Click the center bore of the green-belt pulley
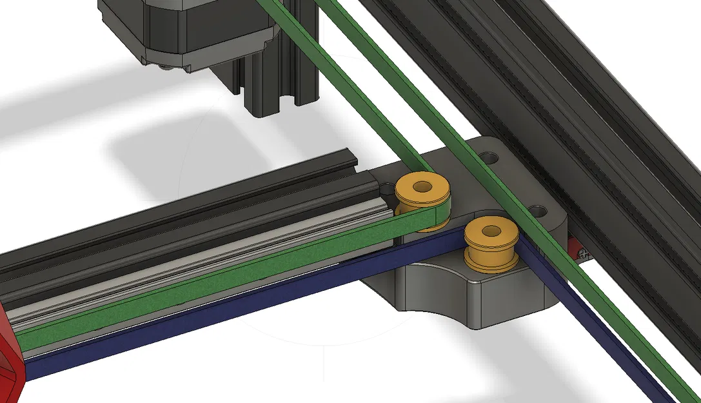tap(423, 188)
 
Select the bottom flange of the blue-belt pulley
tap(491, 264)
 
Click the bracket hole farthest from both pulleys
tap(489, 157)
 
